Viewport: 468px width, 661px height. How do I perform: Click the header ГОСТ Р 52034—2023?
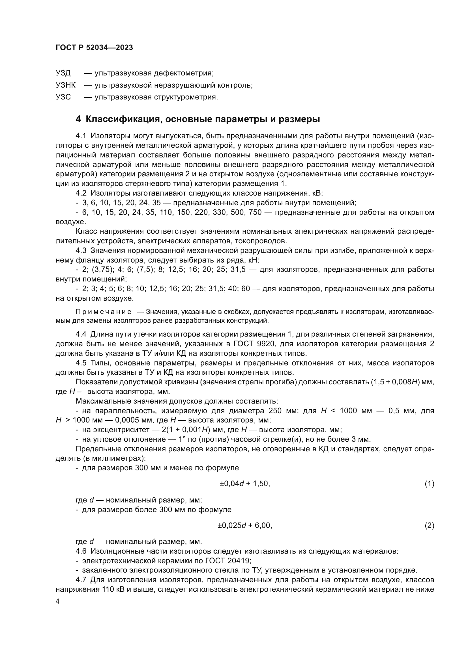coord(94,48)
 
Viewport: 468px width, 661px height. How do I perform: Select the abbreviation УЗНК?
coord(65,85)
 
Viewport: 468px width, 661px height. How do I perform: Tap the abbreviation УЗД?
coord(63,73)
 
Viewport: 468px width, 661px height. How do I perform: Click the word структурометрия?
coord(186,97)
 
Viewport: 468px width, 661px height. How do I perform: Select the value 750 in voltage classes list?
coord(254,213)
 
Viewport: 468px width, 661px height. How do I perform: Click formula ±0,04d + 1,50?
coord(245,484)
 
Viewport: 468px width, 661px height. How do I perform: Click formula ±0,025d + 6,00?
coord(245,526)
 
